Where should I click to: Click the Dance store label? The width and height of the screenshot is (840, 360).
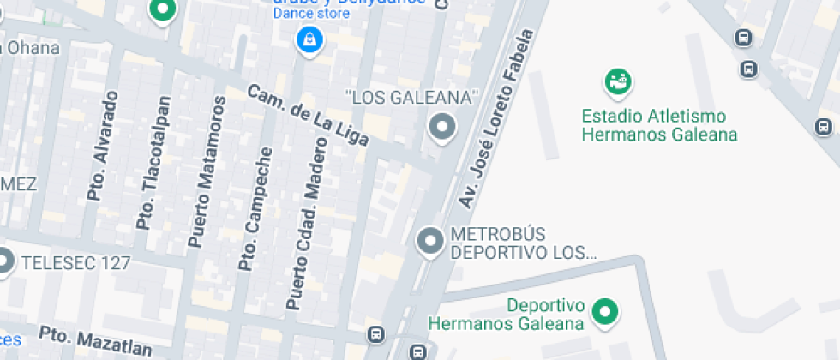[x=311, y=13]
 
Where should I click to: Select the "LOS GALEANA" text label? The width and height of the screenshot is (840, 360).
[x=411, y=97]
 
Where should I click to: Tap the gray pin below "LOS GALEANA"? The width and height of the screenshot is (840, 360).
[x=442, y=128]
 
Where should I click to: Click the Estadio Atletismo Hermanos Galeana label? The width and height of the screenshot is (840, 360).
[x=659, y=125]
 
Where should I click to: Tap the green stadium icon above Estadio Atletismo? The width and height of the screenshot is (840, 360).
[x=616, y=82]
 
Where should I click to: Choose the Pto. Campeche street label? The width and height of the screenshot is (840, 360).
[x=257, y=210]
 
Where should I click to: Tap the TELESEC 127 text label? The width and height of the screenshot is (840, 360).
[x=76, y=262]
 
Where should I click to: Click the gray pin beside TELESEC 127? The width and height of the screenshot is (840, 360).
[x=6, y=261]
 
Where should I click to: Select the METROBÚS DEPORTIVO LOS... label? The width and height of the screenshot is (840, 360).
[x=523, y=243]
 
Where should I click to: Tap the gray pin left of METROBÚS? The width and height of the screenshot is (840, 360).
[x=429, y=241]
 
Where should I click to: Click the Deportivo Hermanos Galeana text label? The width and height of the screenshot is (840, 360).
[x=507, y=315]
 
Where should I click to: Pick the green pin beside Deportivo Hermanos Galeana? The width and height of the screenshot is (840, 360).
[x=606, y=312]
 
